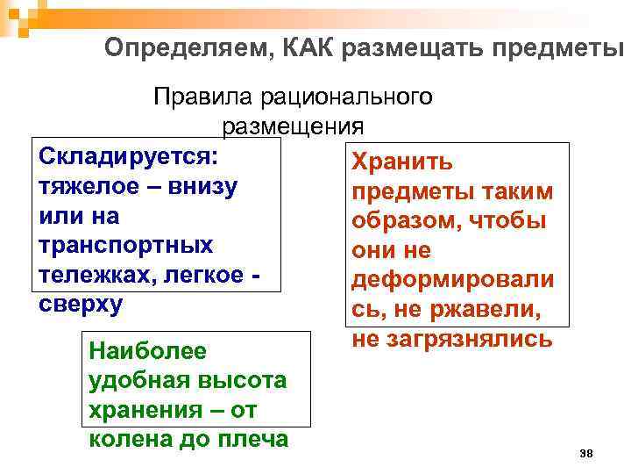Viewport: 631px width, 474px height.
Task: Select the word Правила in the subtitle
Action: tap(198, 97)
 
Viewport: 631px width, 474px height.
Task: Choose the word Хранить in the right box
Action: tap(402, 162)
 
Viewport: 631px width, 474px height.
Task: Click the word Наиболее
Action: tap(148, 352)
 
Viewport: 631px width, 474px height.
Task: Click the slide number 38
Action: tap(586, 453)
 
